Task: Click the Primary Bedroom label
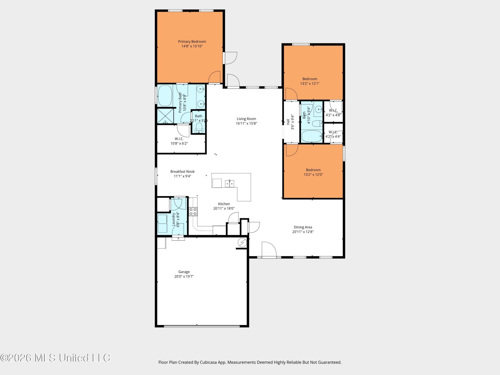click(192, 41)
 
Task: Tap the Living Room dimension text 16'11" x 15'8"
click(246, 123)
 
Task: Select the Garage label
click(184, 272)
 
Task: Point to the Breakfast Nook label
click(182, 171)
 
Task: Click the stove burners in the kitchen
click(193, 211)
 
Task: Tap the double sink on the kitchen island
click(230, 184)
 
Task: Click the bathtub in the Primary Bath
click(165, 96)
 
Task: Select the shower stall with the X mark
click(165, 116)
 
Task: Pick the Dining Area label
click(303, 227)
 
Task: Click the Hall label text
click(288, 122)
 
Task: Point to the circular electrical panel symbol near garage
click(242, 242)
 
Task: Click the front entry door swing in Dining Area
click(269, 249)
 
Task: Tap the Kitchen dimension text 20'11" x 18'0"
click(224, 208)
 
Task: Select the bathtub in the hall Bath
click(312, 136)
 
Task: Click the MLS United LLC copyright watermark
click(55, 358)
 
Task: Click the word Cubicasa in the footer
click(209, 362)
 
